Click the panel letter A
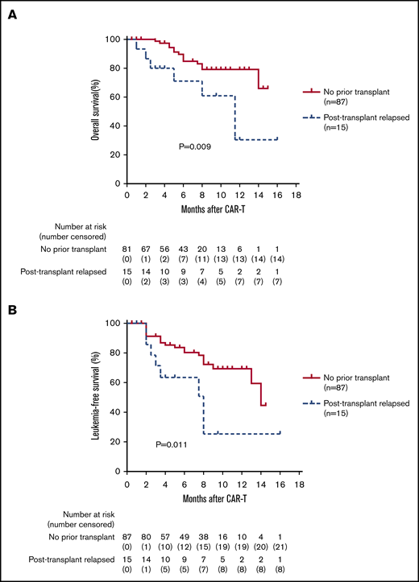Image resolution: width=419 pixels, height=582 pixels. [13, 15]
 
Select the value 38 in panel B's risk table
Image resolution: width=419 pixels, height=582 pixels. [201, 535]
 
